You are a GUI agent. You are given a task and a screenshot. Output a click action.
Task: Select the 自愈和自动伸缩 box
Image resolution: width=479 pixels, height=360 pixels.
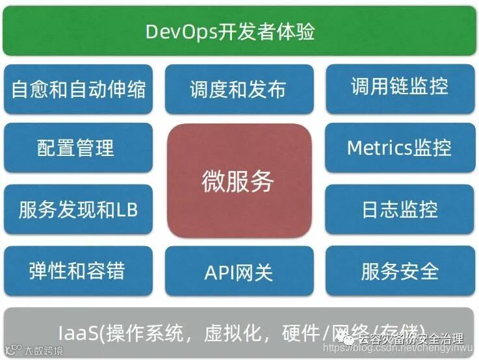coord(79,89)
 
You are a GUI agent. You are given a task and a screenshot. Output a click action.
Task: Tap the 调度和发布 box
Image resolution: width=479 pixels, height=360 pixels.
coord(238,89)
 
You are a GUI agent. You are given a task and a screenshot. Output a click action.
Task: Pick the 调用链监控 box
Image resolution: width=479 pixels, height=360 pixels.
coord(400,86)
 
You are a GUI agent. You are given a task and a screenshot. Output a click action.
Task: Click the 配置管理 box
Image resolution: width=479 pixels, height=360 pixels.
coord(79,148)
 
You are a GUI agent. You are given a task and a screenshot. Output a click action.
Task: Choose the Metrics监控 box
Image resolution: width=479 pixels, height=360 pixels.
coord(400,148)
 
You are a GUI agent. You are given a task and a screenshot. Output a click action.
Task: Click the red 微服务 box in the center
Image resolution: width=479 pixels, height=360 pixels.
coord(238,181)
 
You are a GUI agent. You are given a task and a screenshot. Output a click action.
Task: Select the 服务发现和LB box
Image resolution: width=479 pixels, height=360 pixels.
coord(79,209)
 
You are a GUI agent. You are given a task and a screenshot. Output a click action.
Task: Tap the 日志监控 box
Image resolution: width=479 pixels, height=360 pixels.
coord(400,209)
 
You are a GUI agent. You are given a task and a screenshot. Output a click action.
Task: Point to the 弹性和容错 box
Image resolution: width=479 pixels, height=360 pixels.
coord(79,270)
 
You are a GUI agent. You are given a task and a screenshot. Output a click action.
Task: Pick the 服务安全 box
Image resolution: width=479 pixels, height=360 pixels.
coord(400,270)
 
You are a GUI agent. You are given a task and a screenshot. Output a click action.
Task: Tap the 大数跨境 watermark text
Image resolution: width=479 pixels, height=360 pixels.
coord(44,351)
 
